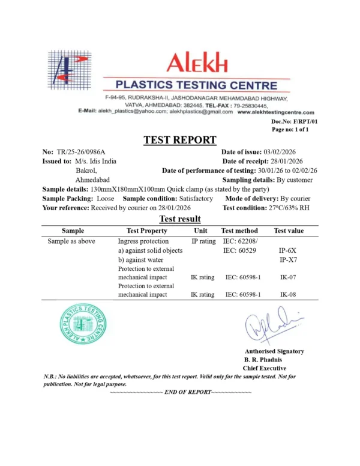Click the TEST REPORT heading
(180, 141)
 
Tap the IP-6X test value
(288, 250)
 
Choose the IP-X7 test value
(288, 260)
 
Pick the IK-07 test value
(288, 278)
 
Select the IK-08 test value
(288, 295)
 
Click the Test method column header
(239, 231)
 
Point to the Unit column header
(200, 231)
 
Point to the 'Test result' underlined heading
(179, 219)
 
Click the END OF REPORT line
(181, 392)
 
